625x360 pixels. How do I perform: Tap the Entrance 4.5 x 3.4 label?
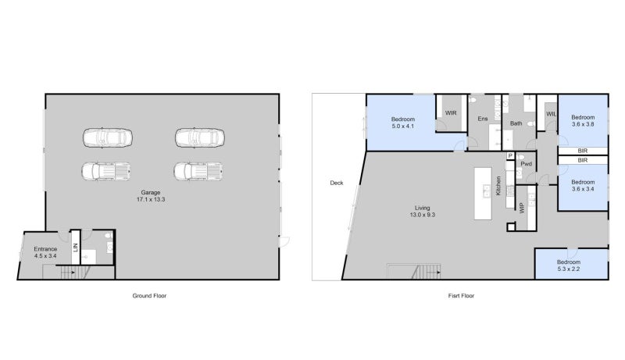tap(45, 252)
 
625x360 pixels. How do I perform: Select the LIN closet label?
tap(76, 248)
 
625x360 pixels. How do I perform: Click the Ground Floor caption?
tap(149, 296)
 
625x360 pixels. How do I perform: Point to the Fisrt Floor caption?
tap(461, 296)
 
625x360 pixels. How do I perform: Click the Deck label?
tap(337, 184)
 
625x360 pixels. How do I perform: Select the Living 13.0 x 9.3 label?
tap(423, 211)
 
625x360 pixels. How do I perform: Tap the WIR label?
tap(451, 113)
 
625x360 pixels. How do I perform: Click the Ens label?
tap(483, 119)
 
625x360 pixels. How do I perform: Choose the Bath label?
tap(516, 123)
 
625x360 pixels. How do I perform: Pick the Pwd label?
tap(526, 164)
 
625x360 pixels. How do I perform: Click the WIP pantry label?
tap(522, 208)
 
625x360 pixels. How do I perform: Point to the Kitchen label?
tap(498, 186)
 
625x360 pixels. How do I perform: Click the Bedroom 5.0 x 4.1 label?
tap(403, 123)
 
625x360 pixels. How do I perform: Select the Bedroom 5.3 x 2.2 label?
tap(569, 266)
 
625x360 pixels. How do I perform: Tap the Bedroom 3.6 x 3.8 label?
tap(583, 121)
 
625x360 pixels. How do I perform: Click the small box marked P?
tap(510, 155)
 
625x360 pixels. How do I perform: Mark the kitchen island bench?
tap(483, 194)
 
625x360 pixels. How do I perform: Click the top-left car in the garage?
tap(108, 138)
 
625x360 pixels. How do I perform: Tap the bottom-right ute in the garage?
tap(198, 171)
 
